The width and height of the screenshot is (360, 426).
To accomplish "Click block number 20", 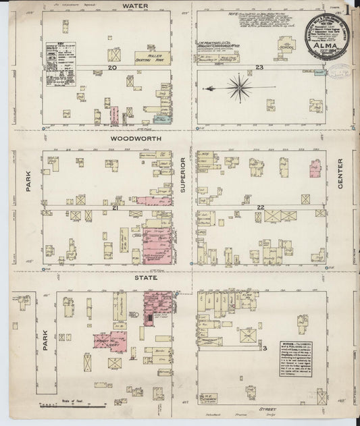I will (x=111, y=68).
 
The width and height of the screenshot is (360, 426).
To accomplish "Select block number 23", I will (x=259, y=68).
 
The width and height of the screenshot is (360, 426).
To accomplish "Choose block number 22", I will (x=259, y=207).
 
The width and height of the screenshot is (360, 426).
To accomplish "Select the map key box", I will (x=59, y=61).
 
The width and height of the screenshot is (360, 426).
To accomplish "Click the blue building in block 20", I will (x=161, y=119).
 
